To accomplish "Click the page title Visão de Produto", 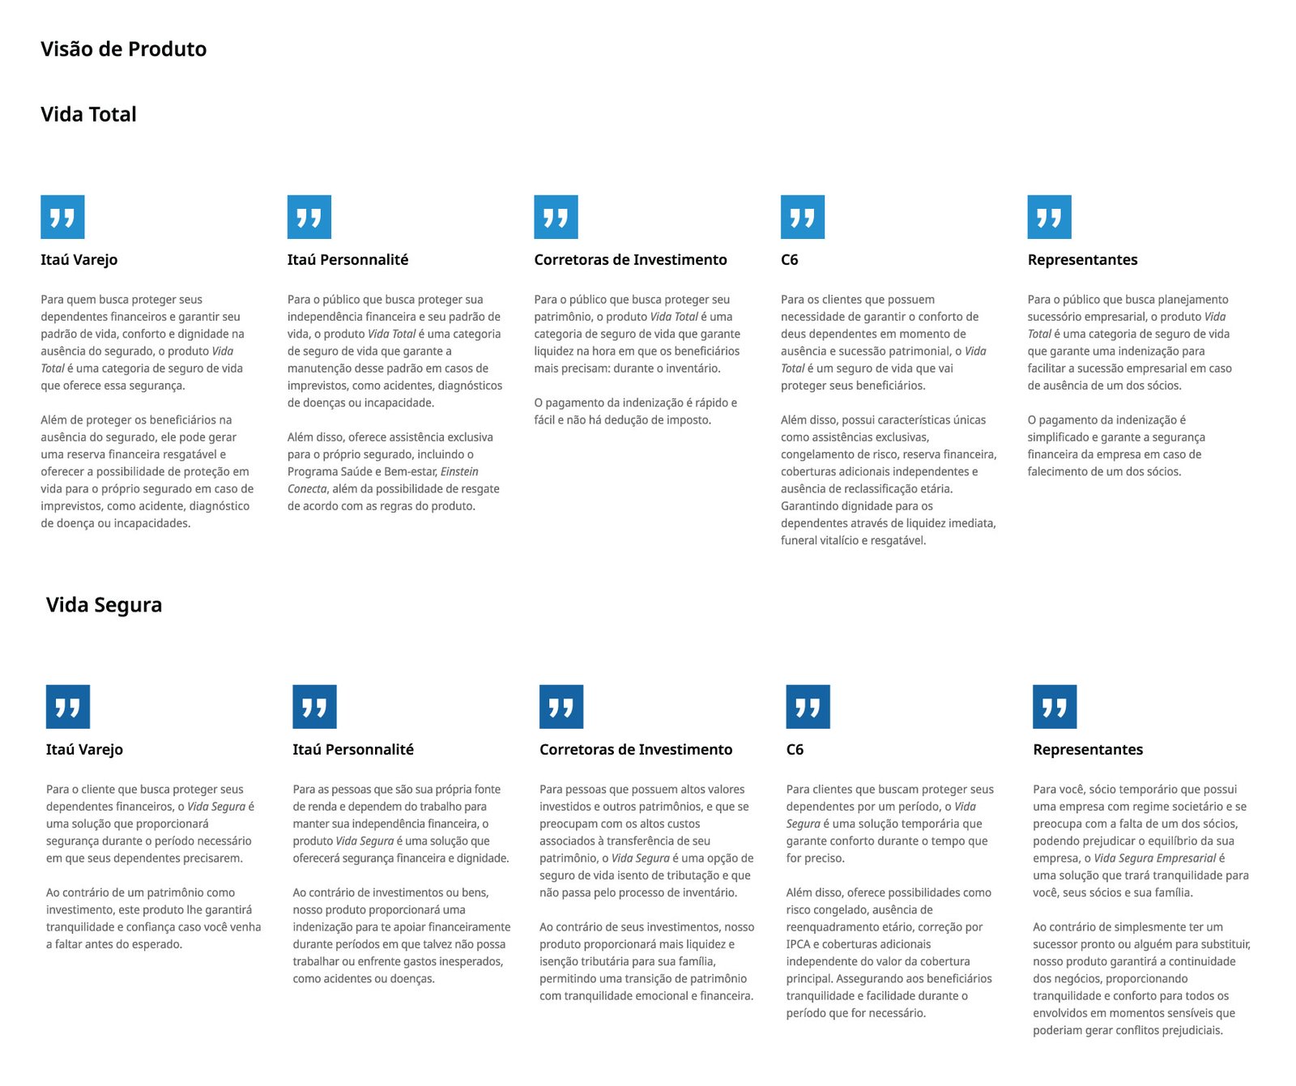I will pos(123,49).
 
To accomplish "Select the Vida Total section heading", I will pos(88,114).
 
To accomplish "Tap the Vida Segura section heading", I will pos(104,605).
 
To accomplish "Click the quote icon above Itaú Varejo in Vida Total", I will pos(62,217).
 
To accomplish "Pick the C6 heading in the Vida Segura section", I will pos(795,750).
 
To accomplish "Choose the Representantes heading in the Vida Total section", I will pos(1082,260).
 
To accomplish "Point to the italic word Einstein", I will pos(459,471).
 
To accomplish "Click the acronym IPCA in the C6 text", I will pos(798,944).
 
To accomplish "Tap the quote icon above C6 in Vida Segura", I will pos(808,707).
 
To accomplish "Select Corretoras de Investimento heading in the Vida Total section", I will pos(630,260).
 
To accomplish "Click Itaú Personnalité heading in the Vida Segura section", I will pos(353,750).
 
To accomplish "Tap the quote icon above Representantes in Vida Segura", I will pos(1055,707).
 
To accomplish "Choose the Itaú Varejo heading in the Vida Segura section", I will pos(84,750).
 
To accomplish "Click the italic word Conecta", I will pos(307,488).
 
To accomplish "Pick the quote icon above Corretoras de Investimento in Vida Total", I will pos(556,217).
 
